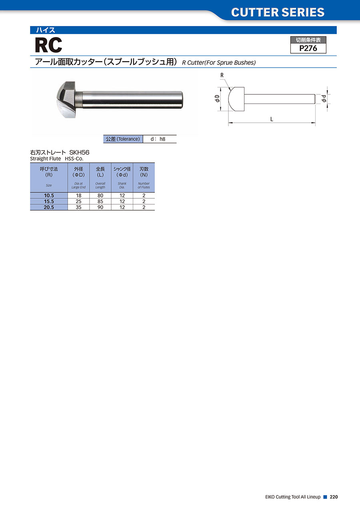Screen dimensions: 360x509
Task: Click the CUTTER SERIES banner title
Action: pos(278,12)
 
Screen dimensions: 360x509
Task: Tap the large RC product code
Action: pos(48,45)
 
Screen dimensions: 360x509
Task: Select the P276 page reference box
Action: pos(308,45)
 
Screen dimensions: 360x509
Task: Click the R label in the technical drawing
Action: pos(222,75)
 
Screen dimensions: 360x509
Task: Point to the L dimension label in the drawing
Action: pos(272,119)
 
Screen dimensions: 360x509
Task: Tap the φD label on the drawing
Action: pos(217,99)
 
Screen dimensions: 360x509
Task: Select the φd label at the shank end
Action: pos(324,98)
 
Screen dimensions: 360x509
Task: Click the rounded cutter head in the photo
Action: pos(66,100)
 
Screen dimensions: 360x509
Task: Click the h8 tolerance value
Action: pos(162,139)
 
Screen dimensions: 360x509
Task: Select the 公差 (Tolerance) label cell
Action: pos(123,139)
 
